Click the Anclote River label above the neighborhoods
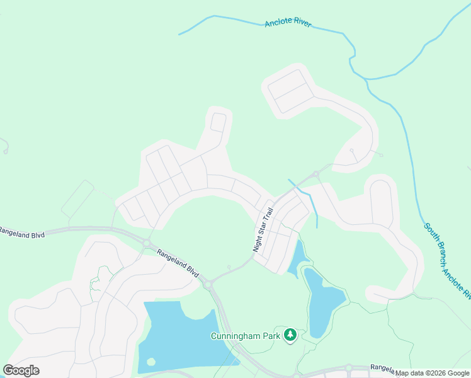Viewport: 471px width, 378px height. click(288, 23)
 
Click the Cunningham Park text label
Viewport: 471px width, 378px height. click(245, 336)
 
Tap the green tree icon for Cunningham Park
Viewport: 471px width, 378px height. click(290, 335)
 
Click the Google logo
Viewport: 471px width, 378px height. click(21, 370)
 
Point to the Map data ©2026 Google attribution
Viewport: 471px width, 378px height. click(432, 373)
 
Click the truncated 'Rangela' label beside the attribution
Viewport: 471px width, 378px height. click(381, 367)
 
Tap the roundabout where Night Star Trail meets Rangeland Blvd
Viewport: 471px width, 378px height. click(207, 285)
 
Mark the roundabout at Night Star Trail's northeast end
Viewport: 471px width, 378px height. click(315, 174)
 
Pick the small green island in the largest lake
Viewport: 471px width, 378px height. click(150, 362)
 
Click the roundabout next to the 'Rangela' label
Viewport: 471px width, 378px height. click(348, 368)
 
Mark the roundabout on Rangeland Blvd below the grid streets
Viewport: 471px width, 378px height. click(146, 243)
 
